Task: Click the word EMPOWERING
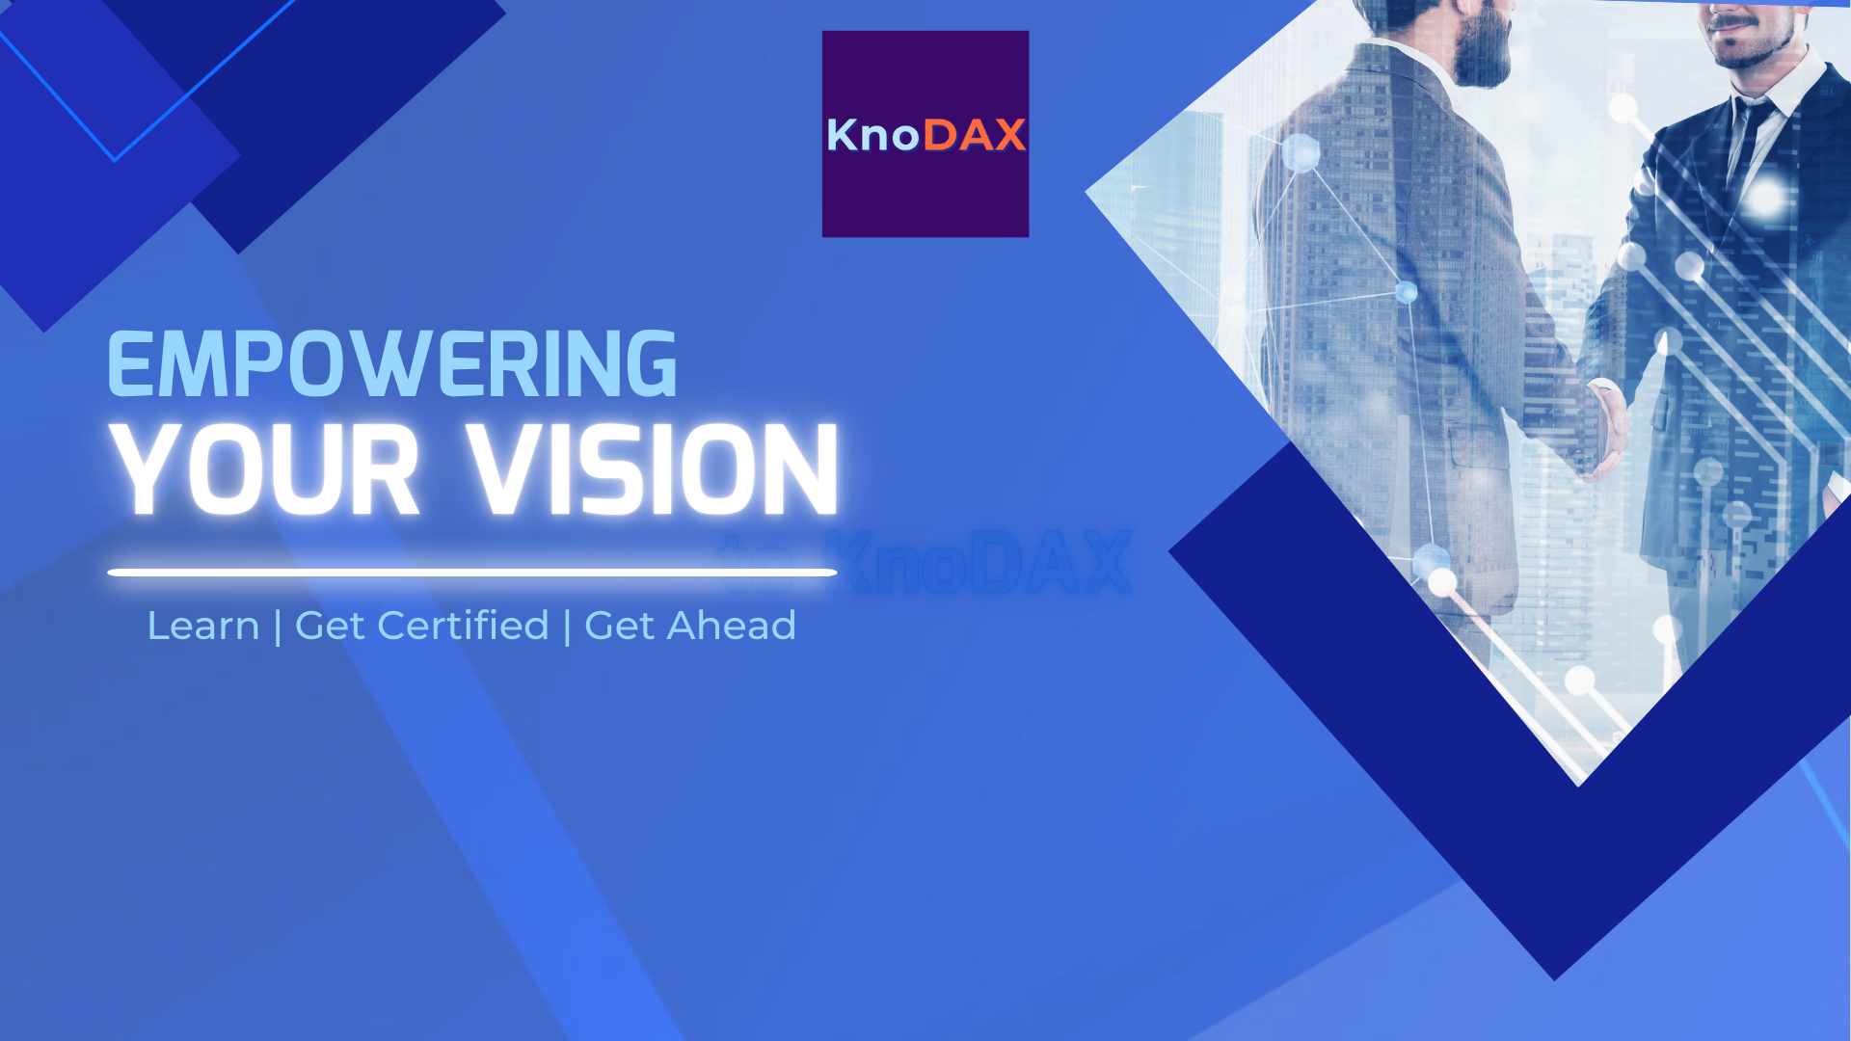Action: click(391, 364)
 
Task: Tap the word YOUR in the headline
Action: click(264, 470)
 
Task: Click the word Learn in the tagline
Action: click(202, 626)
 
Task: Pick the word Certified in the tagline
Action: click(463, 626)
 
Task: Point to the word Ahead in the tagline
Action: click(732, 626)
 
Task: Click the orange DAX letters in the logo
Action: click(974, 135)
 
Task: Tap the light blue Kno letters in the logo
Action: click(872, 135)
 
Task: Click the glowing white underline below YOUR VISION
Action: click(471, 573)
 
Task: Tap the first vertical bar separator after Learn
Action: click(278, 627)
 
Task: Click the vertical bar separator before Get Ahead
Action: click(567, 627)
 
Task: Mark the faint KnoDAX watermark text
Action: click(974, 564)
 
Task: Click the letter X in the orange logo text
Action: click(1008, 135)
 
